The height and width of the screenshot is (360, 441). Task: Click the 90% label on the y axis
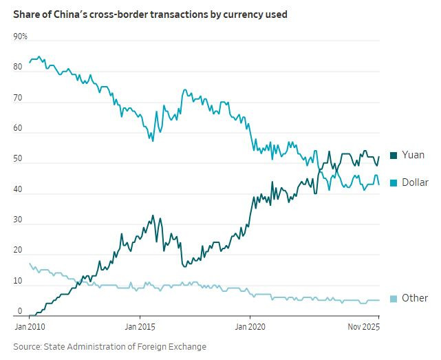[20, 36]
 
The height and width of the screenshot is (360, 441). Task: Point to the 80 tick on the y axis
[19, 67]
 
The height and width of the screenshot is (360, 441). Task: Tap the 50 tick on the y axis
[19, 159]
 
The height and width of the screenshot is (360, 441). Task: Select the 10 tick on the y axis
[19, 282]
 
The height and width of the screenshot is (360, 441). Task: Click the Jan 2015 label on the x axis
[140, 327]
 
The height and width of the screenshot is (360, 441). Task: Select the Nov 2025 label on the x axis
[363, 327]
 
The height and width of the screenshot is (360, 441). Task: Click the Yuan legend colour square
[394, 156]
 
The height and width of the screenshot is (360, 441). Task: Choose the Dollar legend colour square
[394, 182]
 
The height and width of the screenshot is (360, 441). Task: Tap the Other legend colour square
[394, 298]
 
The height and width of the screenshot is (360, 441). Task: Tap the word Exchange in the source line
[186, 346]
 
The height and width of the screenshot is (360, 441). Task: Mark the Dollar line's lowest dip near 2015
[152, 140]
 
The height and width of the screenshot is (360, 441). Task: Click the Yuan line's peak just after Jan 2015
[153, 215]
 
